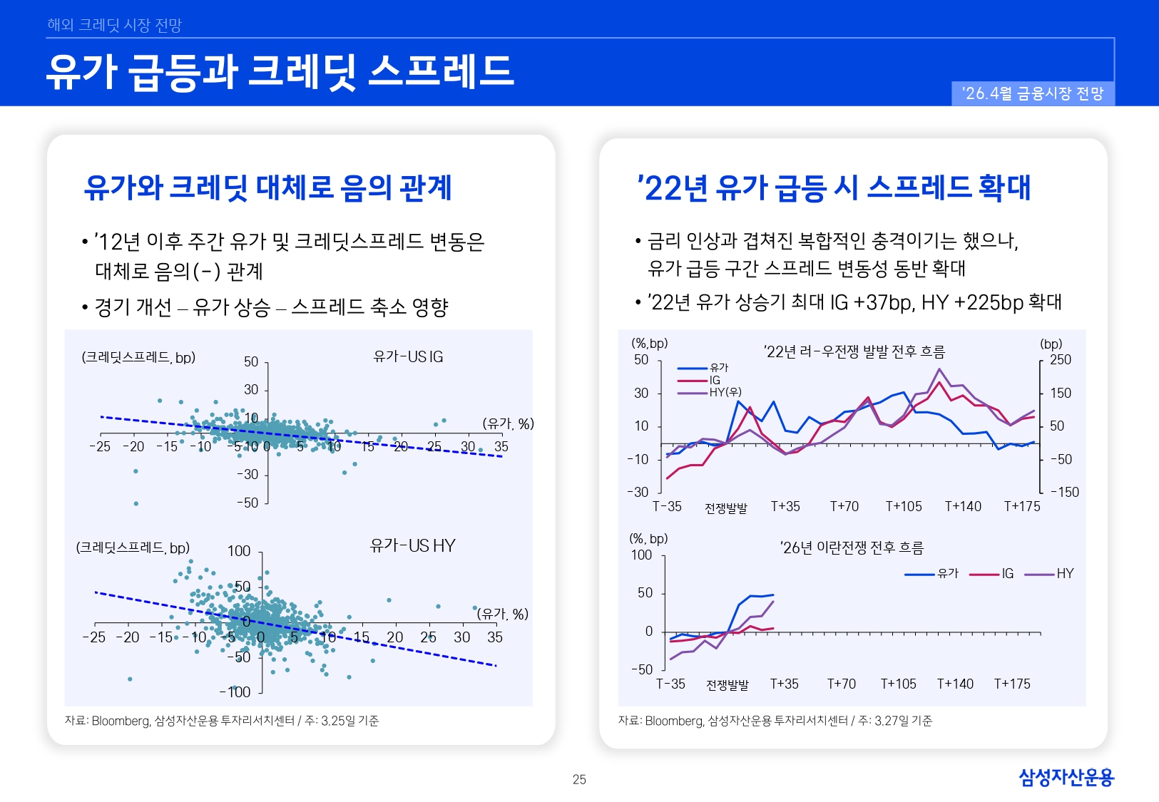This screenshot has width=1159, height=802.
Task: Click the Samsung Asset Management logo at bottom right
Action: pos(1066,777)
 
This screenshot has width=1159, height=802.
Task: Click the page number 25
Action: pos(579,780)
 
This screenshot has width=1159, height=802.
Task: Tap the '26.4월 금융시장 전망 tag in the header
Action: pos(1033,94)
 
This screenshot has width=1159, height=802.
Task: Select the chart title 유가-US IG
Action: pos(408,356)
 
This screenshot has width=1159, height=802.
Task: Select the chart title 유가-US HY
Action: pos(412,546)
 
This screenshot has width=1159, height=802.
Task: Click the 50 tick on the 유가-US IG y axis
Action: pos(251,362)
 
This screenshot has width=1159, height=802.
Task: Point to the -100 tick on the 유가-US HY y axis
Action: pos(235,692)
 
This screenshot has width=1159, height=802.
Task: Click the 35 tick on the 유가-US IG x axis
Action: pos(501,447)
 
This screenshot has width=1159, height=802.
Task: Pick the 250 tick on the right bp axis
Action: pos(1061,360)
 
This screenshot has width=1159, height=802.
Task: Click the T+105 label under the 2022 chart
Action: pos(904,507)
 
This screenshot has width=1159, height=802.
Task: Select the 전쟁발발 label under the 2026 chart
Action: pos(727,685)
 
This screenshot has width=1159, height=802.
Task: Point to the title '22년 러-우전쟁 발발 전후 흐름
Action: pos(854,351)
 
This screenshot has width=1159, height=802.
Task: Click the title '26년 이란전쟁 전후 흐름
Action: pos(852,547)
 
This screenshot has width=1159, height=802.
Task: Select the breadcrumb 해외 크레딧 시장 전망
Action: pos(115,25)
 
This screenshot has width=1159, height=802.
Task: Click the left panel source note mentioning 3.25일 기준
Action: pos(222,721)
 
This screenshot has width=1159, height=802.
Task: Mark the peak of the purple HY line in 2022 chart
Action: pos(939,369)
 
